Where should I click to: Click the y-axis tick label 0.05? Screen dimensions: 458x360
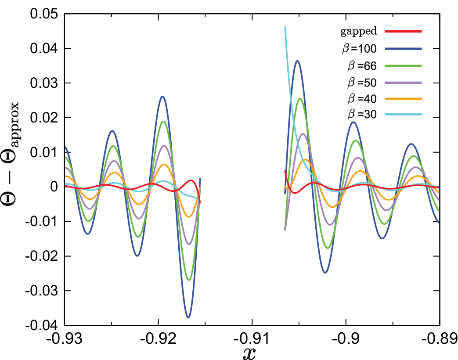pyautogui.click(x=44, y=14)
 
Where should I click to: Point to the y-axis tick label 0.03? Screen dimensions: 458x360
pyautogui.click(x=44, y=83)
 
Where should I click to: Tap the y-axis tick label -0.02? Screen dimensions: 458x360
pyautogui.click(x=41, y=256)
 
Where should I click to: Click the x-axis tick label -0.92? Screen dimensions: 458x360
pyautogui.click(x=159, y=339)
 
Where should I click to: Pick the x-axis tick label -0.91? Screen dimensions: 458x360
pyautogui.click(x=252, y=339)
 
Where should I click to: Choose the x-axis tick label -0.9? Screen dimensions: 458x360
pyautogui.click(x=346, y=339)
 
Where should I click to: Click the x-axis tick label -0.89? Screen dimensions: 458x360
pyautogui.click(x=439, y=339)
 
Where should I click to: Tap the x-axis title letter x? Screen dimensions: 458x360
pyautogui.click(x=249, y=353)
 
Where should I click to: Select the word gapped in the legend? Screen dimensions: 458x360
pyautogui.click(x=359, y=31)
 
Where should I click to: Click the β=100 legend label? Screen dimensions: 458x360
pyautogui.click(x=359, y=48)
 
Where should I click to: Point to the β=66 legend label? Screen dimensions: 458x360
pyautogui.click(x=362, y=66)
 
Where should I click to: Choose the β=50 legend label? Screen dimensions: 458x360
pyautogui.click(x=362, y=83)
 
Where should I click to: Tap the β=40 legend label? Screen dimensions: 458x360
pyautogui.click(x=362, y=99)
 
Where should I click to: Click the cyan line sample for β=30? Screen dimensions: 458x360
pyautogui.click(x=404, y=115)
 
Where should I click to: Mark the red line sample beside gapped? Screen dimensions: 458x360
pyautogui.click(x=404, y=31)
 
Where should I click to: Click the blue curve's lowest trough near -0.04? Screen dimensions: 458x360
pyautogui.click(x=188, y=317)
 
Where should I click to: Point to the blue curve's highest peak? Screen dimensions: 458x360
pyautogui.click(x=297, y=61)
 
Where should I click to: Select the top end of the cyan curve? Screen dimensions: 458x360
pyautogui.click(x=285, y=27)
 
